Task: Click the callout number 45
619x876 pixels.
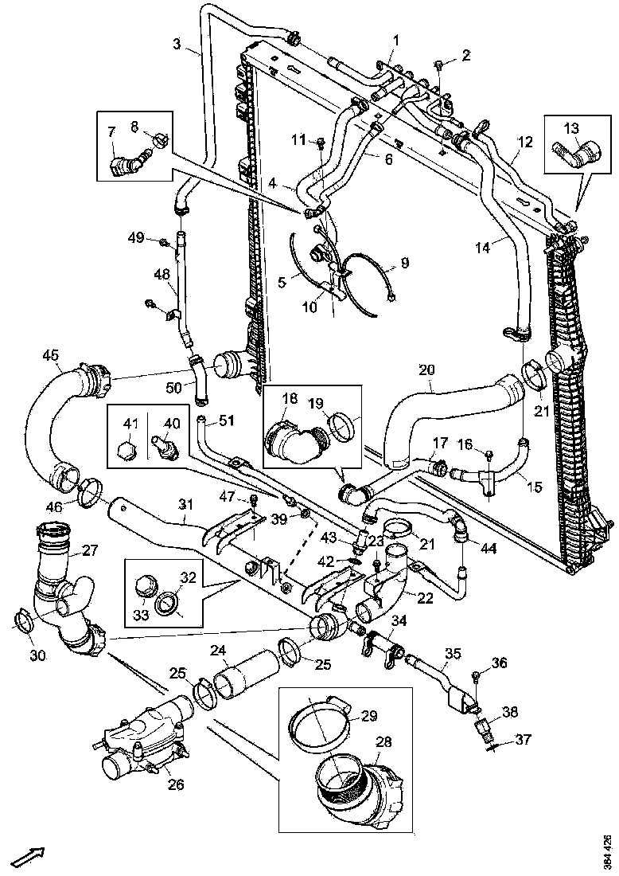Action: [x=51, y=355]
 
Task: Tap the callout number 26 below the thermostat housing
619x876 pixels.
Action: [x=175, y=784]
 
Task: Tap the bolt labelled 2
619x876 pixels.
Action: [x=438, y=62]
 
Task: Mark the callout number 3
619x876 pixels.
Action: [x=177, y=45]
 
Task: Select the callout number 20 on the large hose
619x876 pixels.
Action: [x=427, y=370]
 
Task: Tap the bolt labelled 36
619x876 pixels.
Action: [x=475, y=676]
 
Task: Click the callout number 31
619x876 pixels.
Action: [x=185, y=505]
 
